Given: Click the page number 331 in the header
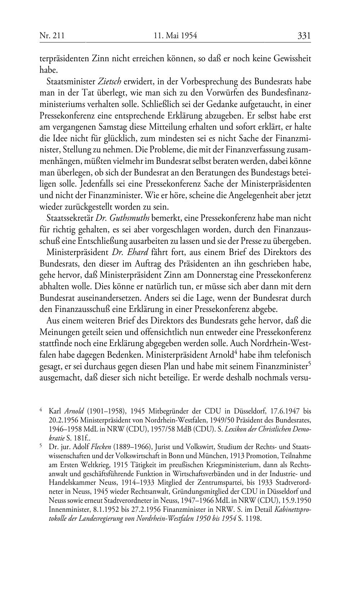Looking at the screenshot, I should [x=304, y=36].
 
